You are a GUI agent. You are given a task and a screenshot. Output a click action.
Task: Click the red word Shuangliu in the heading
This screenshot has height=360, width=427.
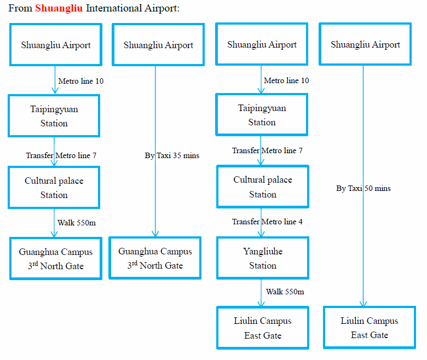[59, 8]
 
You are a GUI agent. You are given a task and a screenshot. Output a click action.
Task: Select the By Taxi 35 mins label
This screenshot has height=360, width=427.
[172, 155]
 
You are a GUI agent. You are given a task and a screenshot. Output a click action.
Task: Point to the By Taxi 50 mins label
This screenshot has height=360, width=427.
[363, 188]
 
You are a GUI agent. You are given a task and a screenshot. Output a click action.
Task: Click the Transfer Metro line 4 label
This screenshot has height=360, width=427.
[267, 222]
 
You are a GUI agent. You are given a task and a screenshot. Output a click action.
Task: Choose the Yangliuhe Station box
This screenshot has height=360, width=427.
[263, 258]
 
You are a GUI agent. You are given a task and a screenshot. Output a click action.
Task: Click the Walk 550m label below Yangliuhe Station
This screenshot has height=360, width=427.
[285, 292]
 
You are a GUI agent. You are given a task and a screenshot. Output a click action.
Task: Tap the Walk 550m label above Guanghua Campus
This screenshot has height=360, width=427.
[77, 223]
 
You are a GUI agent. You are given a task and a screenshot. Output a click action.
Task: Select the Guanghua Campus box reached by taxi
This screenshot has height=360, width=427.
[155, 258]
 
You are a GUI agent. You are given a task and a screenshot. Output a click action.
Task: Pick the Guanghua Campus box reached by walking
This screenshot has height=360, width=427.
[56, 259]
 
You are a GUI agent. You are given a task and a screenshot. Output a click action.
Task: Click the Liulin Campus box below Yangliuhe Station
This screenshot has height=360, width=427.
[263, 328]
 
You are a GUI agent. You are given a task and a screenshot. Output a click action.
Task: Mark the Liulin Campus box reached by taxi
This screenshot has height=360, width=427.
[370, 328]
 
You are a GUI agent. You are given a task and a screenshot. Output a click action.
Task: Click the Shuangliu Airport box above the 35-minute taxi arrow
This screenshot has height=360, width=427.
[158, 45]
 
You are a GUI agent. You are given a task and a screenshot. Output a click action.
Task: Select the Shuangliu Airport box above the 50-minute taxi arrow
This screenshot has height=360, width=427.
[365, 45]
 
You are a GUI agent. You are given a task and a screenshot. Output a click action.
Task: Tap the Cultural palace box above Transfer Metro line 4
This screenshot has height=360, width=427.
[263, 187]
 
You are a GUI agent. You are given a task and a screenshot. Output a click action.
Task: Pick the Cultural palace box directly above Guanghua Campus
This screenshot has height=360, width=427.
[54, 188]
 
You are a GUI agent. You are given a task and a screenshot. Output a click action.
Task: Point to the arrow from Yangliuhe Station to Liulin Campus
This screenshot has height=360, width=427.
[262, 293]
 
